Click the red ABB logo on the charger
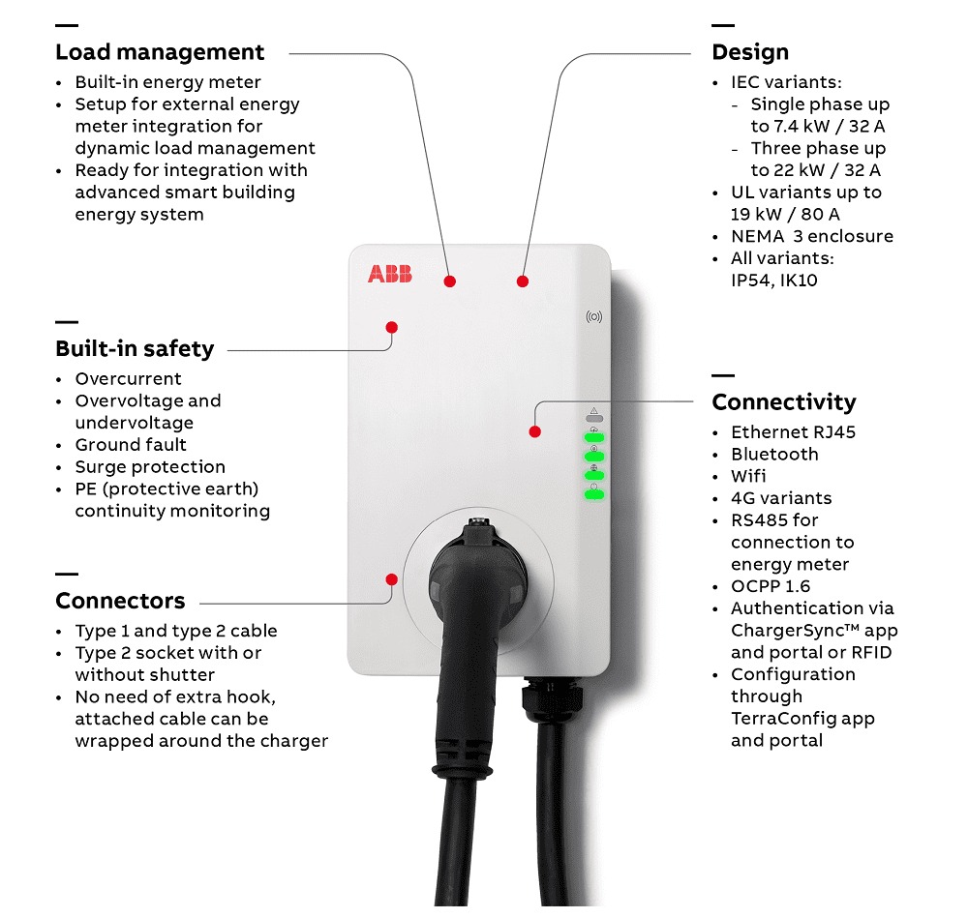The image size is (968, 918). (x=389, y=275)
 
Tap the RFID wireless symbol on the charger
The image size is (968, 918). (x=594, y=316)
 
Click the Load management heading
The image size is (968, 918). (x=160, y=52)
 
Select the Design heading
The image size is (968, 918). (x=750, y=52)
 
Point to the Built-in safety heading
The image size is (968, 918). (x=135, y=348)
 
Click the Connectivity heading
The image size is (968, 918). (x=784, y=401)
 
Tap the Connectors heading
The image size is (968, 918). (x=120, y=601)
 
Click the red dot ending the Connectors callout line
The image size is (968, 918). (x=391, y=579)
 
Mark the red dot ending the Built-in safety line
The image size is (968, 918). (x=392, y=327)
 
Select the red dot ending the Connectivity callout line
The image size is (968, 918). (x=534, y=431)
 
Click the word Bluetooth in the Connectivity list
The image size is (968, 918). (x=774, y=455)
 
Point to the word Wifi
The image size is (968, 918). (x=748, y=476)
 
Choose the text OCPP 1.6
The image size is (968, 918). (x=771, y=586)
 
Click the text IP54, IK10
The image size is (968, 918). (x=774, y=281)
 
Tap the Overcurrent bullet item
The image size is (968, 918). (x=128, y=379)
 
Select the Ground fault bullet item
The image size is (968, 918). (x=130, y=445)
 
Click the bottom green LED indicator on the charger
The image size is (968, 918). (x=593, y=495)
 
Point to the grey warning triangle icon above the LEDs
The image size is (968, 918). (x=593, y=410)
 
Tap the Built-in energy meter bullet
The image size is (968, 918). (x=167, y=82)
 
